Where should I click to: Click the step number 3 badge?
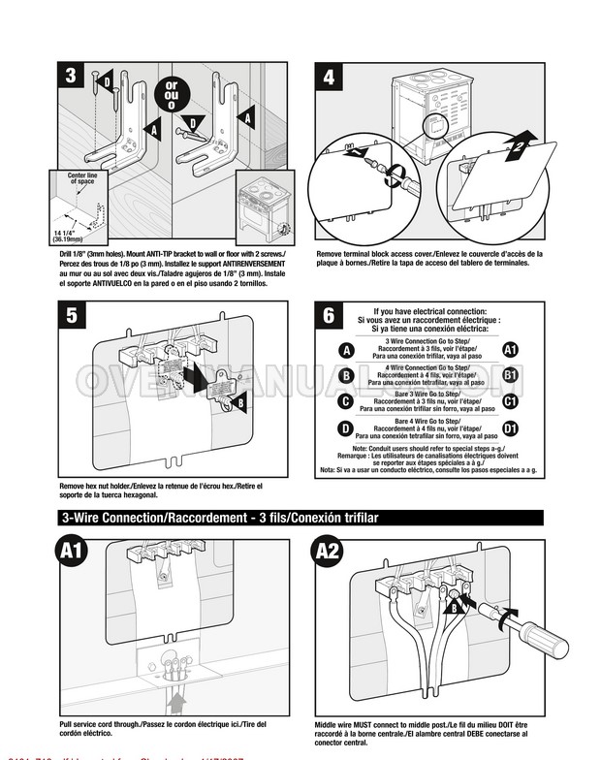pos(71,77)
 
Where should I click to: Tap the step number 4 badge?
pos(330,77)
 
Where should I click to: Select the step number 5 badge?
pos(71,315)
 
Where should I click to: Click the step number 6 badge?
pos(330,315)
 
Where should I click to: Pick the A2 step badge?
pos(329,553)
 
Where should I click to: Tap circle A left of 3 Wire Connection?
pos(346,350)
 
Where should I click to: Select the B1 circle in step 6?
pos(511,376)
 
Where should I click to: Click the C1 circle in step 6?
pos(511,401)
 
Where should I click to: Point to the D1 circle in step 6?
pos(511,427)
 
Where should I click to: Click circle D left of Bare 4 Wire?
pos(346,427)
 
